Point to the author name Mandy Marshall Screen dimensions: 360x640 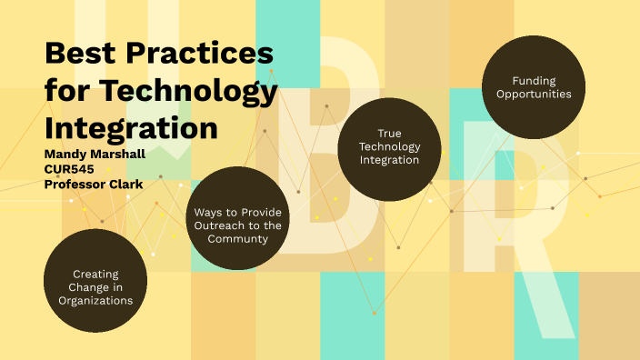coord(95,154)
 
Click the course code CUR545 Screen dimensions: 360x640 coord(69,168)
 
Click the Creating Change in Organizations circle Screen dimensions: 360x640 coord(96,287)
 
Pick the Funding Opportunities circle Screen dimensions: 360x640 coord(534,87)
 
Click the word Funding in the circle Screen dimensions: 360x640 coord(534,80)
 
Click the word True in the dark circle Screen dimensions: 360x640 coord(389,133)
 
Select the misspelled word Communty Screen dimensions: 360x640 coord(237,239)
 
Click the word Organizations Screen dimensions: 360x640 coord(96,300)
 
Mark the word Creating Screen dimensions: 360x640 coord(96,274)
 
